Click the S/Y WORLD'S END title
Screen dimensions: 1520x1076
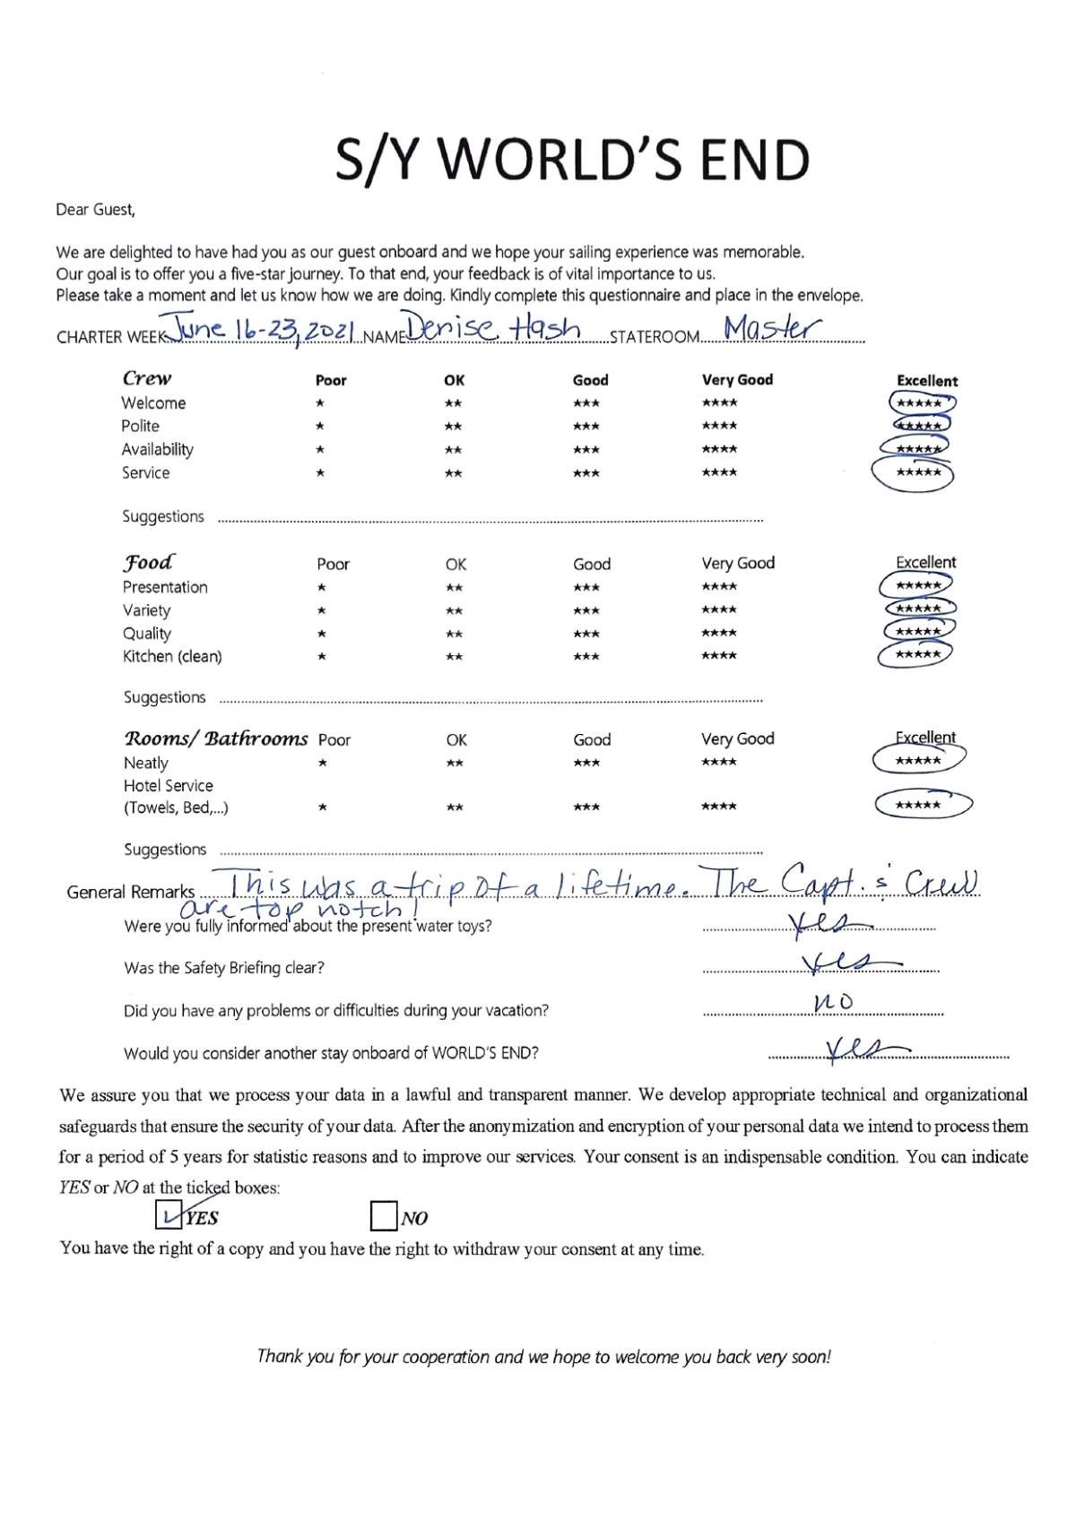click(572, 160)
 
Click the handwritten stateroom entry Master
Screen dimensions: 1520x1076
click(771, 329)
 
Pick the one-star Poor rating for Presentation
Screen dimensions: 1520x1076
click(321, 588)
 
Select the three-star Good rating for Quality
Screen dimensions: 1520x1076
click(586, 634)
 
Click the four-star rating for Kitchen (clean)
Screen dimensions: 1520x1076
click(719, 656)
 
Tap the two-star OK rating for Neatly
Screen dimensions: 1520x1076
click(455, 764)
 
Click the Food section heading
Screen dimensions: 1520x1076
click(148, 562)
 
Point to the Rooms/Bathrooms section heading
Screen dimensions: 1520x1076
click(215, 738)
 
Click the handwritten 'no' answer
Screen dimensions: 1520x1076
click(832, 1002)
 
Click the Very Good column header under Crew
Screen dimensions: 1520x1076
click(737, 380)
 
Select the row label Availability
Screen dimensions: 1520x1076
click(158, 449)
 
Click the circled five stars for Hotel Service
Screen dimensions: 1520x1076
click(921, 805)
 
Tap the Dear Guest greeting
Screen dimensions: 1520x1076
click(95, 210)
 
